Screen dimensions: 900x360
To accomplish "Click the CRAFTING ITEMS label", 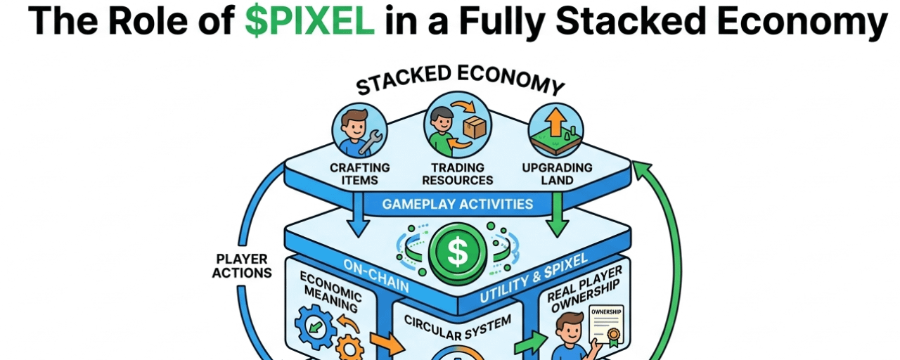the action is [x=359, y=174].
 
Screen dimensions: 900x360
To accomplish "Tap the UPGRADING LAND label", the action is [x=557, y=174].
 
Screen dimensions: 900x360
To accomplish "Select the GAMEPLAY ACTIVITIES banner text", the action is [x=457, y=205].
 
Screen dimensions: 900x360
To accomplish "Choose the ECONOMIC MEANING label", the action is [x=331, y=291].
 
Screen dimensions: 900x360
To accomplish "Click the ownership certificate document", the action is [x=609, y=326].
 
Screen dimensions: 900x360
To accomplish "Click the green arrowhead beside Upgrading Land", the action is [x=641, y=169].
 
